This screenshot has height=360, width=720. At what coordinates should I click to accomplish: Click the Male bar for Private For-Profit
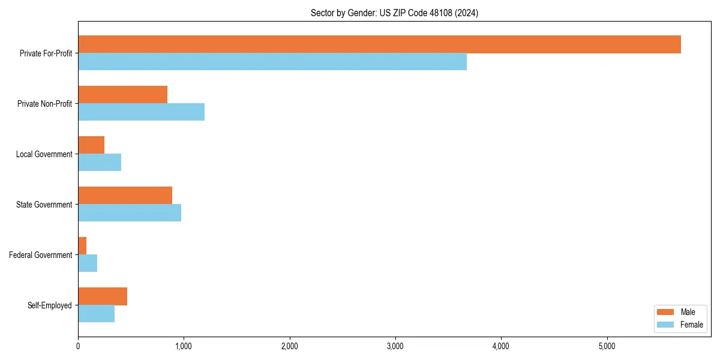[x=379, y=44]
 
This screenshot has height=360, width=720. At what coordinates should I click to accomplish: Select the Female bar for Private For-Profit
[x=272, y=62]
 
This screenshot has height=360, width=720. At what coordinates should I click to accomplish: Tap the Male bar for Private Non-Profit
[x=122, y=95]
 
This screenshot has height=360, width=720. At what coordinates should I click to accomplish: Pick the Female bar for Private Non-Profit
[x=141, y=112]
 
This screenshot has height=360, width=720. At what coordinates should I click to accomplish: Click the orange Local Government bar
[x=91, y=145]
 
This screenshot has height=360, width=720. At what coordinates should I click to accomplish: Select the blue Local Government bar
[x=100, y=163]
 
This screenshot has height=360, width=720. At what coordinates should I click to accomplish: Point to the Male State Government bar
[x=125, y=196]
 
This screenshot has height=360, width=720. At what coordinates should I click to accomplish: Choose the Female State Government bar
[x=130, y=213]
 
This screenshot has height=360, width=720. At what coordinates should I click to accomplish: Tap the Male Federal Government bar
[x=82, y=246]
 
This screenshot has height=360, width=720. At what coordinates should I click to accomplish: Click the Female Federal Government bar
[x=88, y=263]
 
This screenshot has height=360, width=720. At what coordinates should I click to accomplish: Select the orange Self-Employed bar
[x=103, y=296]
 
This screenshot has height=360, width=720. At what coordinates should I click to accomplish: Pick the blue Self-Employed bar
[x=96, y=314]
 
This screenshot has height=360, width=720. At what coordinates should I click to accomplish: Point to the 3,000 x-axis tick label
[x=395, y=346]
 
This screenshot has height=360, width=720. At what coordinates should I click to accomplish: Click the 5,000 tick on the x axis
[x=607, y=346]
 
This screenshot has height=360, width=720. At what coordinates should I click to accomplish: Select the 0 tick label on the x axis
[x=78, y=346]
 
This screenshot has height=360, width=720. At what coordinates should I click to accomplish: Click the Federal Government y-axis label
[x=40, y=255]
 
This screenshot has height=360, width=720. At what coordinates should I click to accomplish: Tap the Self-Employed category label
[x=49, y=305]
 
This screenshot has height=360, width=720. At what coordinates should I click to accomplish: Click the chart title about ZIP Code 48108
[x=394, y=13]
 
